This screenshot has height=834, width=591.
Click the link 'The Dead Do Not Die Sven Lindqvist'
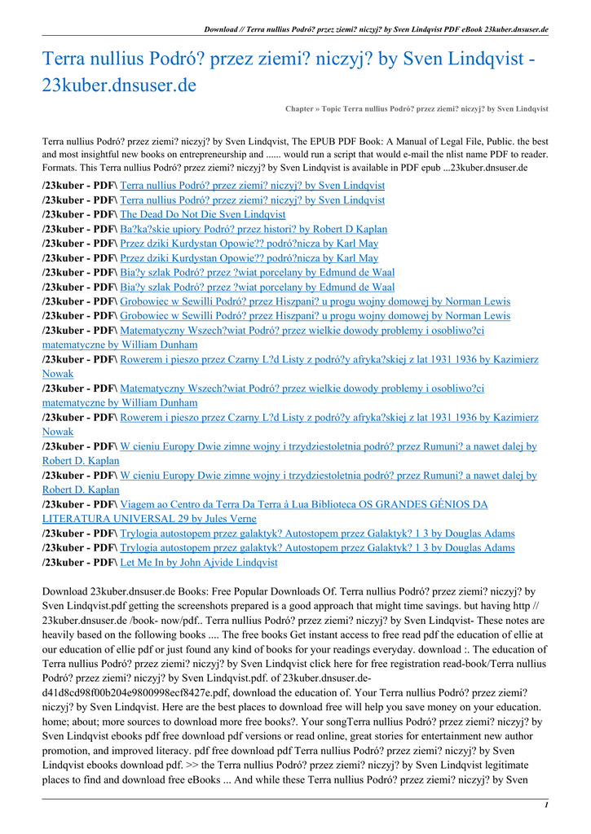pyautogui.click(x=202, y=214)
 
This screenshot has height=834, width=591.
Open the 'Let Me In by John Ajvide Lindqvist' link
pyautogui.click(x=198, y=562)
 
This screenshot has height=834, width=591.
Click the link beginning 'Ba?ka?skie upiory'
pyautogui.click(x=254, y=229)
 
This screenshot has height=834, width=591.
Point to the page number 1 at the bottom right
pyautogui.click(x=545, y=805)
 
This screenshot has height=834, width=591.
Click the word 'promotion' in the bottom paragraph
pyautogui.click(x=67, y=751)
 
